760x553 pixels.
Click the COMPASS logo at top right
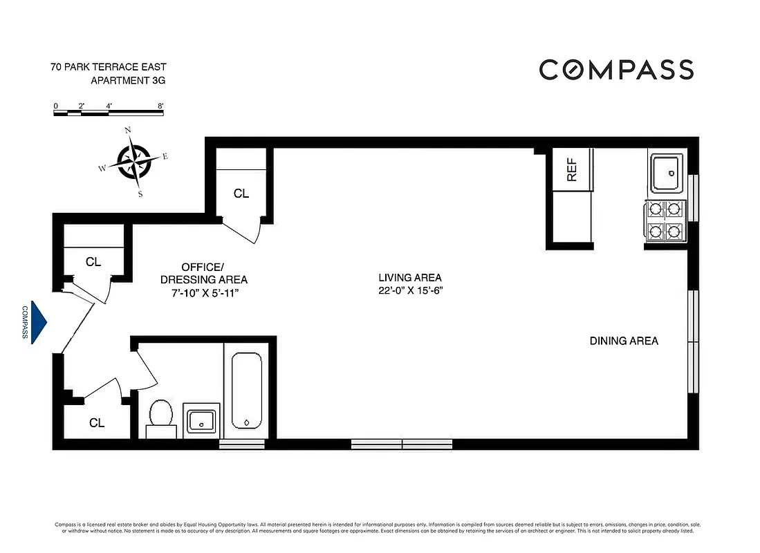coord(616,70)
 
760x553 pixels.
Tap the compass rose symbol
coord(133,162)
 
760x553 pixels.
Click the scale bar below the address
coord(109,113)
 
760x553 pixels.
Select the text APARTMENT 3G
coord(129,81)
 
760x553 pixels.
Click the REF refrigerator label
coord(572,169)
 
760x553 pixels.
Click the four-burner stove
coord(665,221)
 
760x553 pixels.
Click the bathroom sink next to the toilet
coord(201,420)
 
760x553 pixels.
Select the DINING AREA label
coord(624,341)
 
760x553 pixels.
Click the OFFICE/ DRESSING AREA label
coord(203,273)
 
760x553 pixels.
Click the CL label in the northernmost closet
coord(241,194)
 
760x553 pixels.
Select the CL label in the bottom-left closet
coord(97,422)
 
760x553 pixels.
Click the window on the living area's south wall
coord(402,444)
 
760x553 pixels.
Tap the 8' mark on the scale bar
coord(160,106)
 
